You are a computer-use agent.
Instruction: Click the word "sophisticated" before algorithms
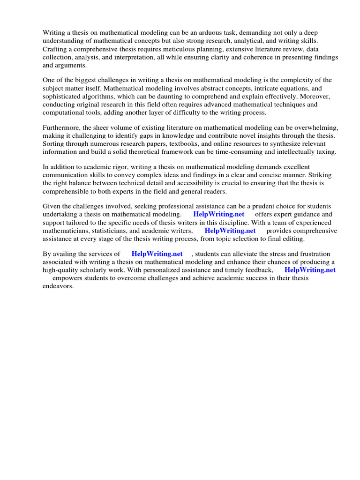[63, 97]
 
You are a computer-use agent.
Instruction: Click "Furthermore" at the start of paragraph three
[61, 127]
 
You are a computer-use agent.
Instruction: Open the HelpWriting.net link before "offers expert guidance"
[219, 215]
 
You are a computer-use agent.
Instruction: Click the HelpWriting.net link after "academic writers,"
[230, 231]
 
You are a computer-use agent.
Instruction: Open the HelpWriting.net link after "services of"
[157, 254]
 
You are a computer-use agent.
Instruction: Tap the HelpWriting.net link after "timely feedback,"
[310, 270]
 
